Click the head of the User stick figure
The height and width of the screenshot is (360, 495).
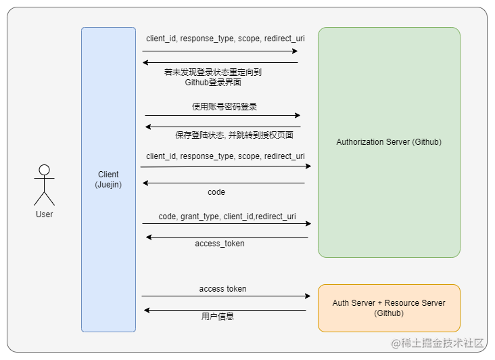click(44, 170)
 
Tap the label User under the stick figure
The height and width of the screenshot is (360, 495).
click(44, 215)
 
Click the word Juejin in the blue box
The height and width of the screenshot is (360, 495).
click(108, 184)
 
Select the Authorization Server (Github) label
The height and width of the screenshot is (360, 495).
click(389, 142)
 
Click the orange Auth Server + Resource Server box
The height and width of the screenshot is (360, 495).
click(389, 308)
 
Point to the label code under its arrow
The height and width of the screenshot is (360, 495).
click(216, 192)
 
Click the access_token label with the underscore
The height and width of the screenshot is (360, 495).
click(220, 244)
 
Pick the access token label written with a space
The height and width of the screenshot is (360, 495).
click(222, 289)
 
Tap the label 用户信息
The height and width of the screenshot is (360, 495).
click(218, 316)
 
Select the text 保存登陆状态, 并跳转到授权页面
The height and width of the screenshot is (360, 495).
click(234, 135)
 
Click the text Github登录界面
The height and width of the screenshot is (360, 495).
click(213, 83)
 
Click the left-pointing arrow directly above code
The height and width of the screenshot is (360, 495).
click(223, 183)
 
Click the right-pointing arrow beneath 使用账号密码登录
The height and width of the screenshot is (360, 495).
click(222, 115)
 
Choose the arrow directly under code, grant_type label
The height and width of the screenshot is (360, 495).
click(227, 223)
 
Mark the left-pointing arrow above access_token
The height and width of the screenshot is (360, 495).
click(227, 237)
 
